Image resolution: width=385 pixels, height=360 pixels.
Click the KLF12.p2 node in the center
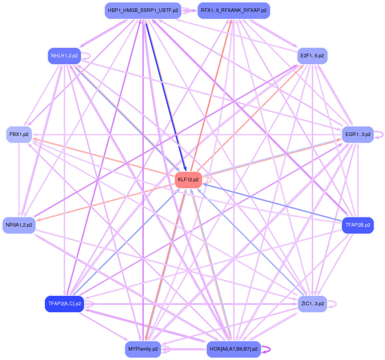tap(188, 180)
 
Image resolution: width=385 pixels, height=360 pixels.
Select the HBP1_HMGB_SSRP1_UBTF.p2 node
tap(141, 11)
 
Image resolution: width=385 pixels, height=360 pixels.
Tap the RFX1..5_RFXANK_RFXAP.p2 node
tap(233, 11)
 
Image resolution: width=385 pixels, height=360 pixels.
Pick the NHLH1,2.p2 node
tap(65, 56)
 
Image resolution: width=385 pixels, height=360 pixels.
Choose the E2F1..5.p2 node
tap(312, 56)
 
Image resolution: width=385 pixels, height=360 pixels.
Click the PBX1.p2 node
tap(19, 135)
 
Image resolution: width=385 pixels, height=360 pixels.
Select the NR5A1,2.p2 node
tap(19, 225)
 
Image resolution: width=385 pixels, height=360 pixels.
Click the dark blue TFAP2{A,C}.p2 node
tap(65, 304)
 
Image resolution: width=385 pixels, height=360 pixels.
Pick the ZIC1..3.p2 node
tap(312, 304)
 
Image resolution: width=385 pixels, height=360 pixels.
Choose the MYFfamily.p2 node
tap(143, 349)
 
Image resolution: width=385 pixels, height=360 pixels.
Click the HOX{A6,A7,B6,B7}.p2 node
tap(233, 349)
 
